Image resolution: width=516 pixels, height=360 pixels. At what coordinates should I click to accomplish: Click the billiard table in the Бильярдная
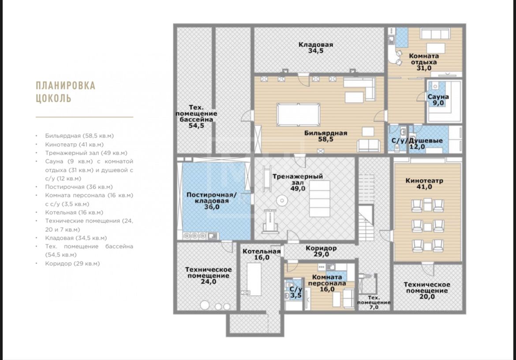pyautogui.click(x=299, y=115)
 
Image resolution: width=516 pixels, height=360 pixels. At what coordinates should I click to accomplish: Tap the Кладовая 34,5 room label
pyautogui.click(x=316, y=48)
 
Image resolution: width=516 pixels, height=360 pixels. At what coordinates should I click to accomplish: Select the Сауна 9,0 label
pyautogui.click(x=438, y=100)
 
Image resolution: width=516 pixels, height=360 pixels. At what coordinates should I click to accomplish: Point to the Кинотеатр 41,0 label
pyautogui.click(x=424, y=184)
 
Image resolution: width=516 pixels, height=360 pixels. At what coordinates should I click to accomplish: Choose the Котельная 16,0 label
pyautogui.click(x=262, y=254)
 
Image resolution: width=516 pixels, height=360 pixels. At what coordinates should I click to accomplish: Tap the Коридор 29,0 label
pyautogui.click(x=321, y=251)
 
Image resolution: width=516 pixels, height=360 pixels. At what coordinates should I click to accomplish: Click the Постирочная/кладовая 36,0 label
pyautogui.click(x=212, y=201)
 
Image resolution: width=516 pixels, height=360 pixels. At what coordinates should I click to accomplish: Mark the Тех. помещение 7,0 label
pyautogui.click(x=374, y=302)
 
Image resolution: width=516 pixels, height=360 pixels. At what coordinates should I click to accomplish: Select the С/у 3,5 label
pyautogui.click(x=296, y=292)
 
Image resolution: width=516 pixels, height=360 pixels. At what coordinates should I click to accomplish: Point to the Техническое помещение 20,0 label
pyautogui.click(x=427, y=291)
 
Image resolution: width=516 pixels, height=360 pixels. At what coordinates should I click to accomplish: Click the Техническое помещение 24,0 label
pyautogui.click(x=208, y=275)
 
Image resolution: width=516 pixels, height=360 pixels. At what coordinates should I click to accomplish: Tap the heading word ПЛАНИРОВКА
pyautogui.click(x=65, y=86)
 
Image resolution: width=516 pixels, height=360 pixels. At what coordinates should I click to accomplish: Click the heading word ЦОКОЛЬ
pyautogui.click(x=53, y=98)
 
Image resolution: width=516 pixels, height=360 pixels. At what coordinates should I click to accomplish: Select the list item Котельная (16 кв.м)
pyautogui.click(x=74, y=212)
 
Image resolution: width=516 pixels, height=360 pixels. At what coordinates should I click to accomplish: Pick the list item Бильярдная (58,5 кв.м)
pyautogui.click(x=79, y=136)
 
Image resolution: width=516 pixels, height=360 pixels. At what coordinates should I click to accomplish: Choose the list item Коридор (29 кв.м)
pyautogui.click(x=72, y=264)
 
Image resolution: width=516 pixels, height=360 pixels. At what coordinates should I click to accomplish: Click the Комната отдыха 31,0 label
pyautogui.click(x=424, y=62)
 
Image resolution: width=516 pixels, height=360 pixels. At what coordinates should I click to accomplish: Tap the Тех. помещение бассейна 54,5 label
pyautogui.click(x=196, y=116)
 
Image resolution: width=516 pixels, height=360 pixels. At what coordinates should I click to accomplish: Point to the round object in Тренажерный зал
pyautogui.click(x=282, y=200)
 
